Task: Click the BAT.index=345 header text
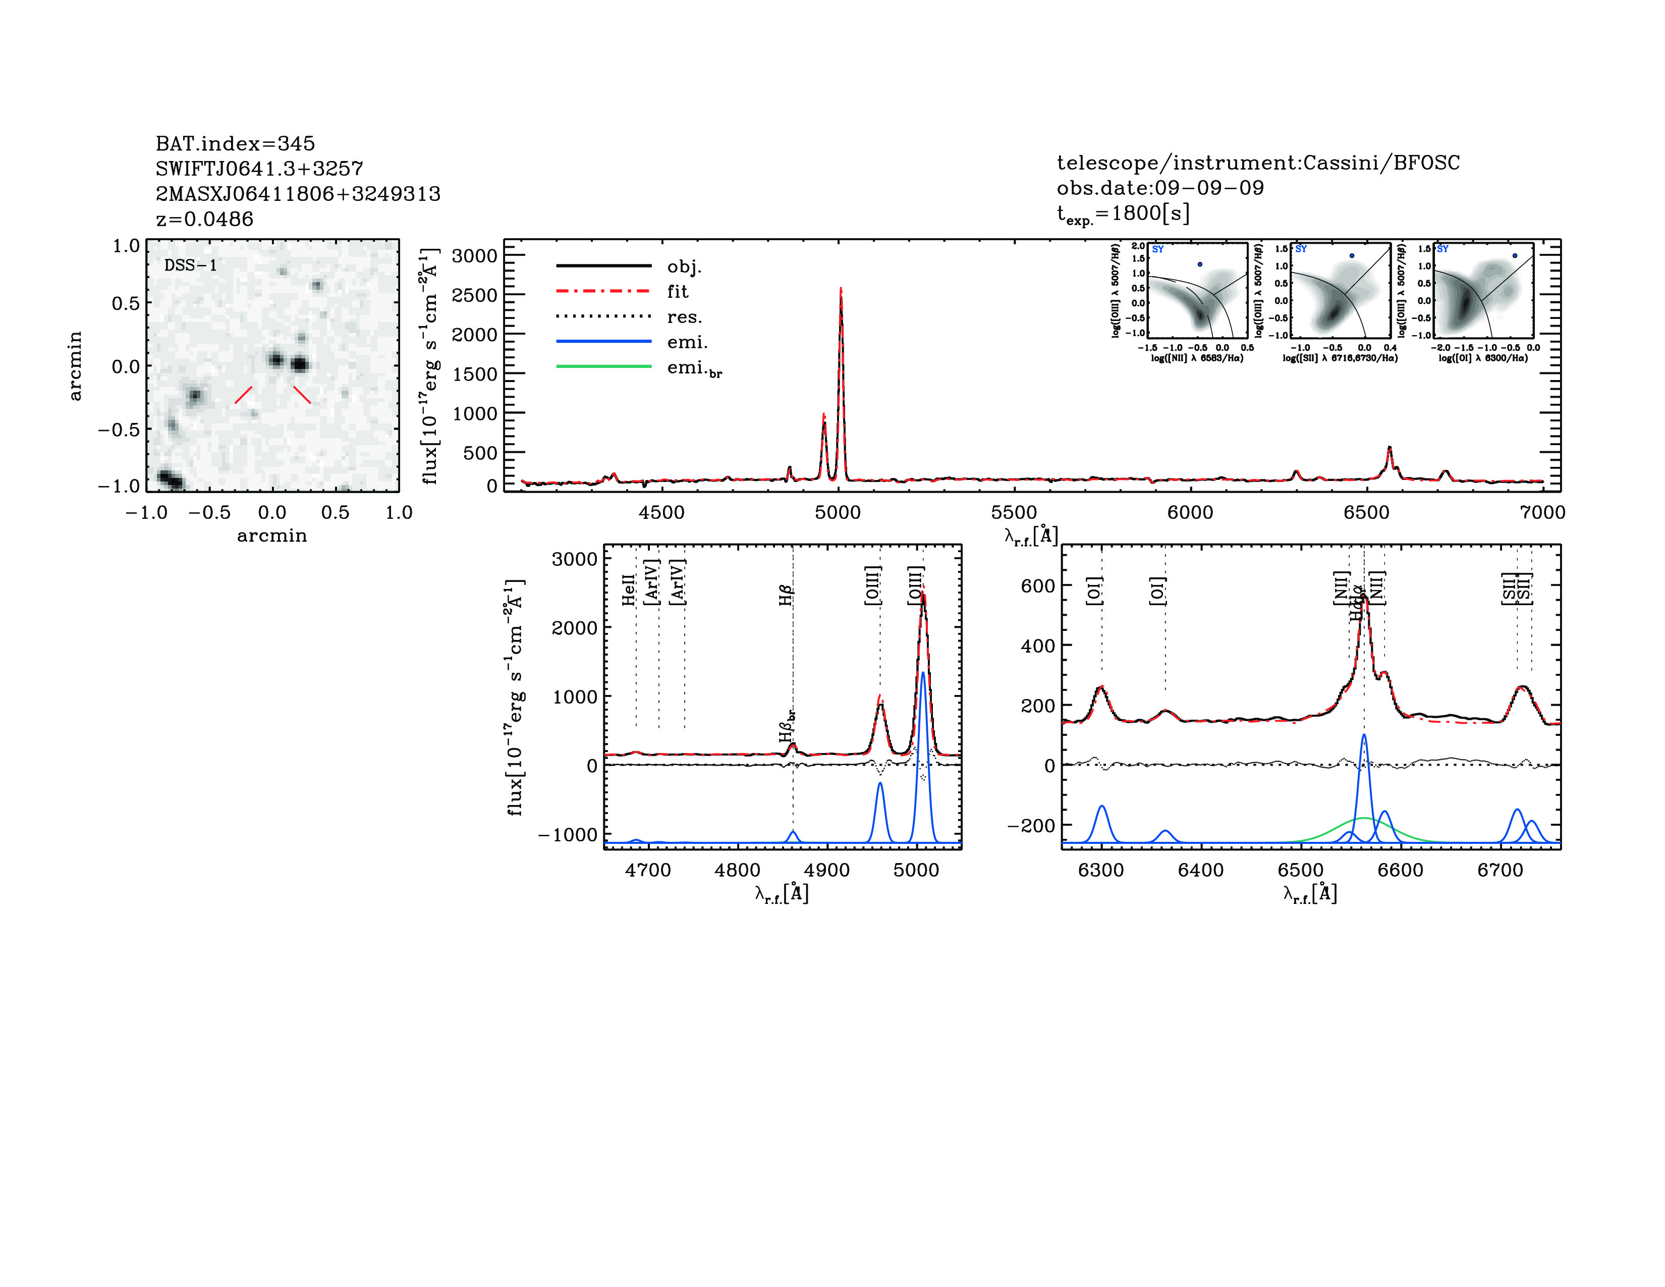(235, 143)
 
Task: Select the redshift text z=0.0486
(204, 219)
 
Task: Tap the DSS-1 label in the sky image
(191, 265)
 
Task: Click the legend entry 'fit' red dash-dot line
(604, 291)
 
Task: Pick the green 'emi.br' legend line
(604, 367)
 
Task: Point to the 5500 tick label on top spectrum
(1014, 512)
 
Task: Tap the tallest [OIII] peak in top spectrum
(841, 290)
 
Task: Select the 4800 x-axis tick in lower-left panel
(737, 870)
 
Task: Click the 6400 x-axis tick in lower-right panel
(1201, 870)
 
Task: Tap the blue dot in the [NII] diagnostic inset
(1200, 264)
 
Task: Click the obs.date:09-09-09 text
(1159, 188)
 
